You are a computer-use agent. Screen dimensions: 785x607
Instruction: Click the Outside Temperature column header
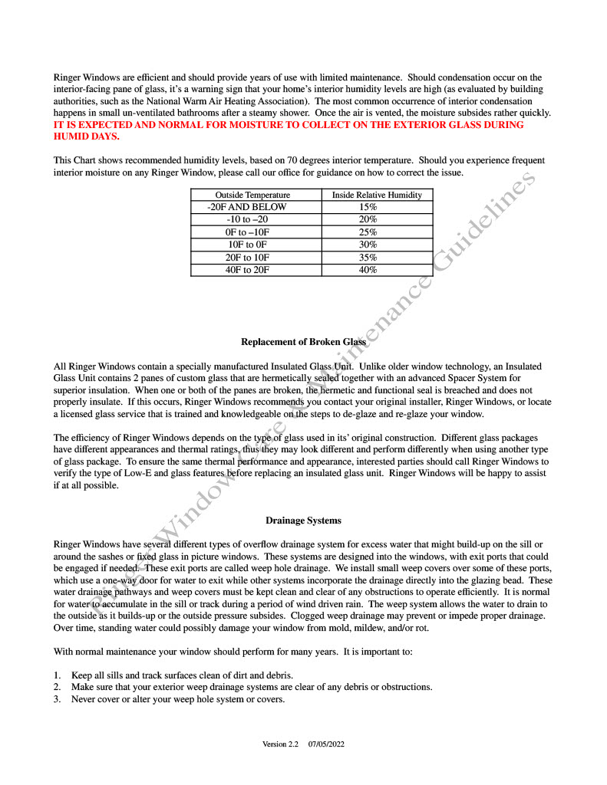tap(252, 195)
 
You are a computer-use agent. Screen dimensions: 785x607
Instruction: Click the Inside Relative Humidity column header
tap(376, 195)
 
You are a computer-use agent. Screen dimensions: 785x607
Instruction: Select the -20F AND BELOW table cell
tap(247, 207)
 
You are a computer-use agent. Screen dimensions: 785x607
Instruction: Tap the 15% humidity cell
tap(368, 207)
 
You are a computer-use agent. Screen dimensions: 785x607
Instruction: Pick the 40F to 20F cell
tap(247, 270)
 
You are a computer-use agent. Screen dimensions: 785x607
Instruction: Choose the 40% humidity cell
tap(368, 270)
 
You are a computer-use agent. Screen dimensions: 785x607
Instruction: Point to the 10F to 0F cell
tap(247, 245)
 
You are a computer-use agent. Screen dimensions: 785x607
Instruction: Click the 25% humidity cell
tap(368, 232)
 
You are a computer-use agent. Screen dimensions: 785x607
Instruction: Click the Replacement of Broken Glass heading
tap(303, 342)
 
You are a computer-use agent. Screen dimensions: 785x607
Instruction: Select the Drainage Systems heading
tap(303, 521)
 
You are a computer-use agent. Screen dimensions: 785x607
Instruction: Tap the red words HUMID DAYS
tap(86, 136)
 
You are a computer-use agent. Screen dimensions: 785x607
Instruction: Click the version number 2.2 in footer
tap(292, 744)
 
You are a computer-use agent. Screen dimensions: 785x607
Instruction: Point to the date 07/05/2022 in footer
tap(327, 744)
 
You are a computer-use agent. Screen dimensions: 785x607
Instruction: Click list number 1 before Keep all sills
tap(57, 675)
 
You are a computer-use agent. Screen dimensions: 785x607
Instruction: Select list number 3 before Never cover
tap(57, 699)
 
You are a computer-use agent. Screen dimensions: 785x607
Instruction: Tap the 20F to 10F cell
tap(247, 258)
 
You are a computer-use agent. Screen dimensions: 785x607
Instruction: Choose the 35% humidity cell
tap(368, 258)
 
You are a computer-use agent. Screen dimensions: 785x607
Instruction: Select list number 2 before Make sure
tap(57, 687)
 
